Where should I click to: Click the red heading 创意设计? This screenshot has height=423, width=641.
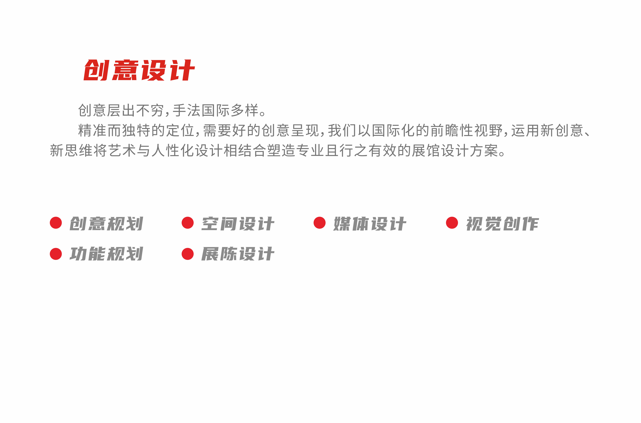(x=139, y=70)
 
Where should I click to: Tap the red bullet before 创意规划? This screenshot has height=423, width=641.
(x=56, y=223)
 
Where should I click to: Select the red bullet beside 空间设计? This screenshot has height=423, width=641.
(x=188, y=223)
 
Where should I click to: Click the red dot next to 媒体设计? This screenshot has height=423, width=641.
(x=320, y=223)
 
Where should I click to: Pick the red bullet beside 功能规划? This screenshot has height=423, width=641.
(x=56, y=254)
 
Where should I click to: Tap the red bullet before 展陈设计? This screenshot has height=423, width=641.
(x=188, y=254)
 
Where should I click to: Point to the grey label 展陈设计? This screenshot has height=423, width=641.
(x=238, y=254)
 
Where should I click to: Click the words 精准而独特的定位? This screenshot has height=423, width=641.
(x=136, y=131)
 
